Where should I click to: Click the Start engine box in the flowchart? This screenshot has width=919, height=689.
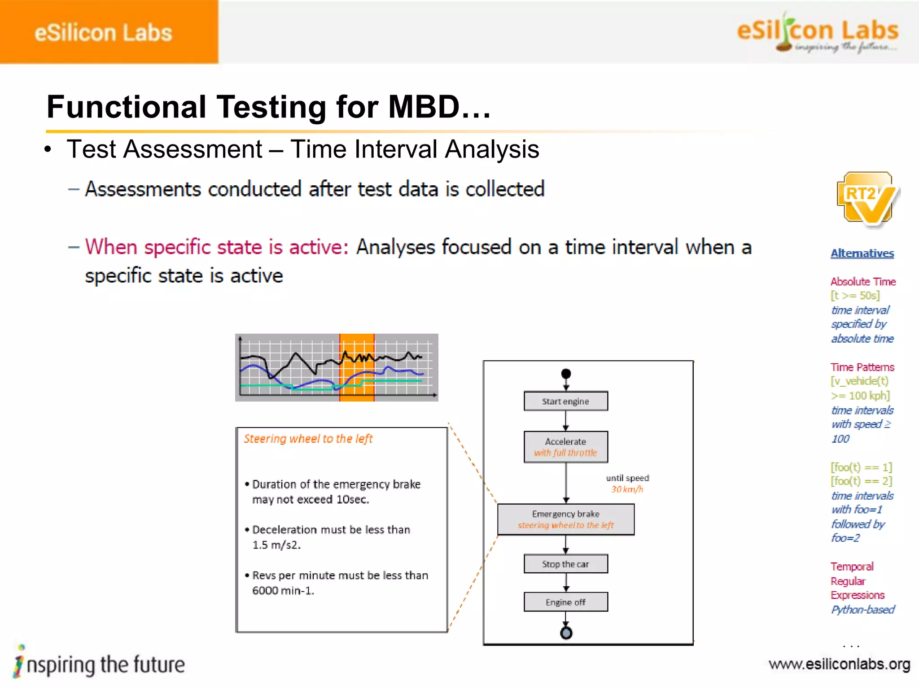coord(565,401)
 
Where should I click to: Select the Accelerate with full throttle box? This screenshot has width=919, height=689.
coord(565,447)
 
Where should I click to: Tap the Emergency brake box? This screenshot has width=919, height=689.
coord(565,519)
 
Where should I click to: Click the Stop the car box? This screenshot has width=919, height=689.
coord(565,564)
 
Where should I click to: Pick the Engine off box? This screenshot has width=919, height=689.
coord(565,602)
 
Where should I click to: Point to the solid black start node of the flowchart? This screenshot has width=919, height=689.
coord(566,374)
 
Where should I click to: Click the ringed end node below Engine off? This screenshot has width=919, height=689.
coord(566,633)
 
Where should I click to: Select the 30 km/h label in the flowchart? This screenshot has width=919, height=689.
coord(627,489)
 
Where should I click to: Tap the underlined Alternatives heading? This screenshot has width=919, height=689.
coord(862,253)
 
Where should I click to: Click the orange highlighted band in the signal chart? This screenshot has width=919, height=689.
coord(357,367)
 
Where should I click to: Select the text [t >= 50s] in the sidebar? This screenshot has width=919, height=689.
coord(855,296)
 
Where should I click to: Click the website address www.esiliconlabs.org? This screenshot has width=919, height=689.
coord(839,664)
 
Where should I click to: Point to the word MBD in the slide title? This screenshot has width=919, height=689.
coord(424,107)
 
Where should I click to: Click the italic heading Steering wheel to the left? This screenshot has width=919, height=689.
coord(308,439)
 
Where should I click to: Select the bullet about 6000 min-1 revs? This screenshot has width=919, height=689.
coord(339,583)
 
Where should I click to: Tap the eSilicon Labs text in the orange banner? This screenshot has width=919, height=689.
coord(103,33)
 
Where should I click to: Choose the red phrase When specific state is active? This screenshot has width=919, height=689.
coord(216,247)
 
